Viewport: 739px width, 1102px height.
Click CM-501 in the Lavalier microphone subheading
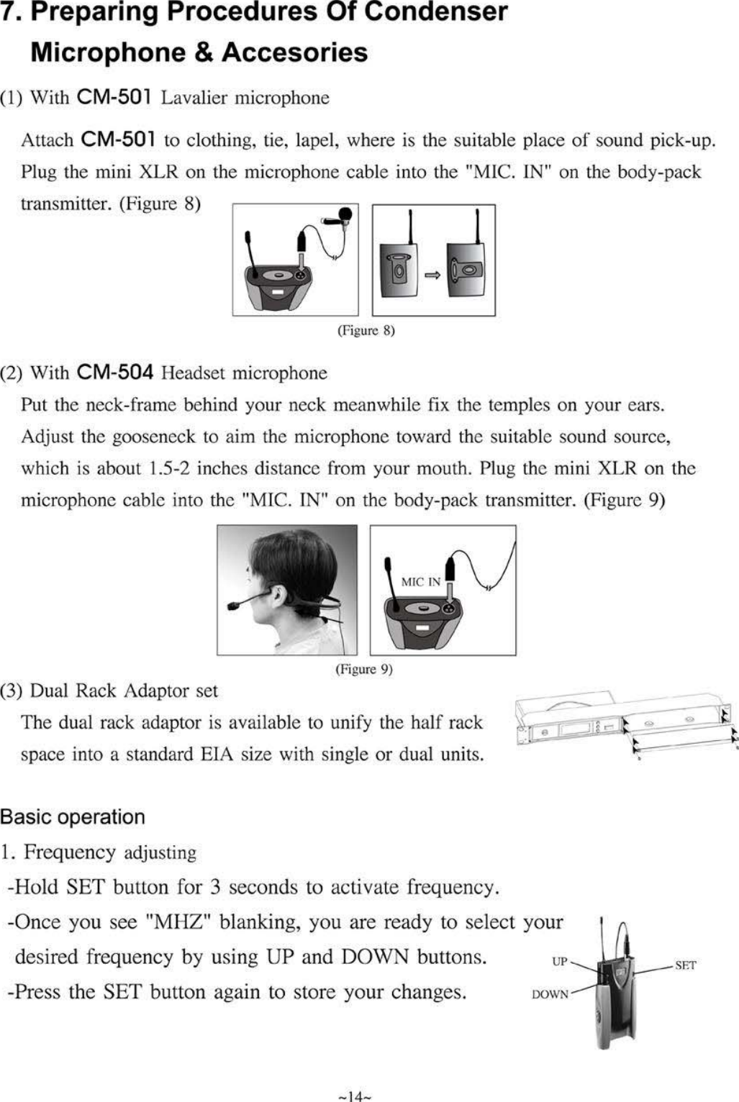pyautogui.click(x=113, y=97)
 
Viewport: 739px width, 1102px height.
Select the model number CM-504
pyautogui.click(x=114, y=373)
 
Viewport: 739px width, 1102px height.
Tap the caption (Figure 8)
pyautogui.click(x=366, y=331)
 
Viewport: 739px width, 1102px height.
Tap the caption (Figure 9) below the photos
pyautogui.click(x=364, y=670)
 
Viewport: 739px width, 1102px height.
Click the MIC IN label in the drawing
pyautogui.click(x=420, y=582)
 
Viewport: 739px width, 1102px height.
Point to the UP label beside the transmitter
pyautogui.click(x=559, y=962)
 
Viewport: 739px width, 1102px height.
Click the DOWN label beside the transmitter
pyautogui.click(x=550, y=994)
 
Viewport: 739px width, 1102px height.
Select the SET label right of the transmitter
pyautogui.click(x=685, y=965)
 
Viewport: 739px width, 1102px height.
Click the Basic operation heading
pyautogui.click(x=73, y=817)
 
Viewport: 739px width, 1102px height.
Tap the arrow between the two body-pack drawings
pyautogui.click(x=432, y=275)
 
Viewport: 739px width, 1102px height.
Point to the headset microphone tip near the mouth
pyautogui.click(x=234, y=606)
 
